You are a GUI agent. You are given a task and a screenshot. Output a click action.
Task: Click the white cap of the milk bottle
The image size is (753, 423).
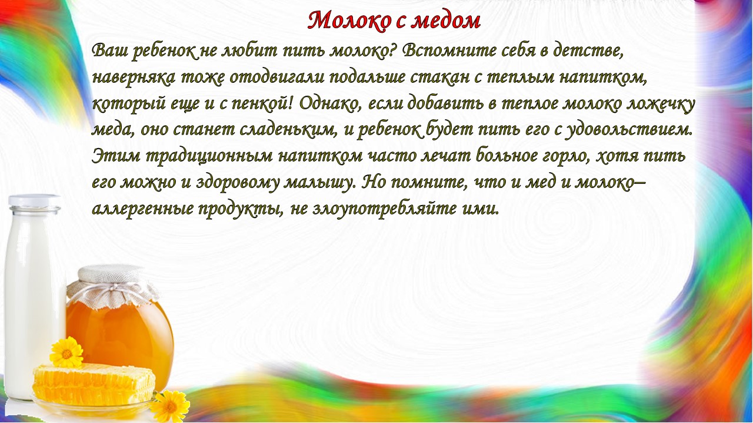click(x=34, y=200)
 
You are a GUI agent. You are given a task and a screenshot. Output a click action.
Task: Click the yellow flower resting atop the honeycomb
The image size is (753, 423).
click(x=66, y=352)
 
